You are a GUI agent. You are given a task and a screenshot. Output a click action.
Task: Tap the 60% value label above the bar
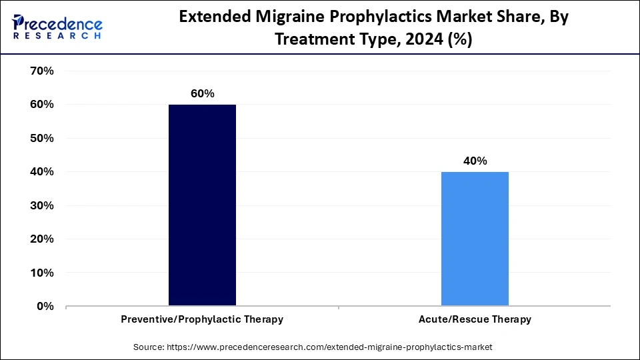tap(202, 93)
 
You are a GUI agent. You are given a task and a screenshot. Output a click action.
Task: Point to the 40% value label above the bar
tap(475, 161)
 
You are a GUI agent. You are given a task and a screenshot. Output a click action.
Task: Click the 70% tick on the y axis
tap(41, 71)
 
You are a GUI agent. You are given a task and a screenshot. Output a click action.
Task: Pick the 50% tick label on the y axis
tap(41, 138)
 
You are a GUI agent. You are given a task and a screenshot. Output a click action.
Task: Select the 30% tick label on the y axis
tap(41, 205)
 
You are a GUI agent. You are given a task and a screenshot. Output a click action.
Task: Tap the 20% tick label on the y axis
tap(41, 239)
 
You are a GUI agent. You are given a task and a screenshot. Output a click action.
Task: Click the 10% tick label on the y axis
tap(41, 273)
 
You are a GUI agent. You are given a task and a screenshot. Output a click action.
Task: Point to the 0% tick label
tap(44, 306)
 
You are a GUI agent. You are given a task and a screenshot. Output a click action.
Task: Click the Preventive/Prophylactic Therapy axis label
tap(202, 319)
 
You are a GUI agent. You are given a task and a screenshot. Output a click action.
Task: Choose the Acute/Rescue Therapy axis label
tap(475, 319)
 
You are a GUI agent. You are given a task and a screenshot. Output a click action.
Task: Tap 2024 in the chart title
tap(424, 40)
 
